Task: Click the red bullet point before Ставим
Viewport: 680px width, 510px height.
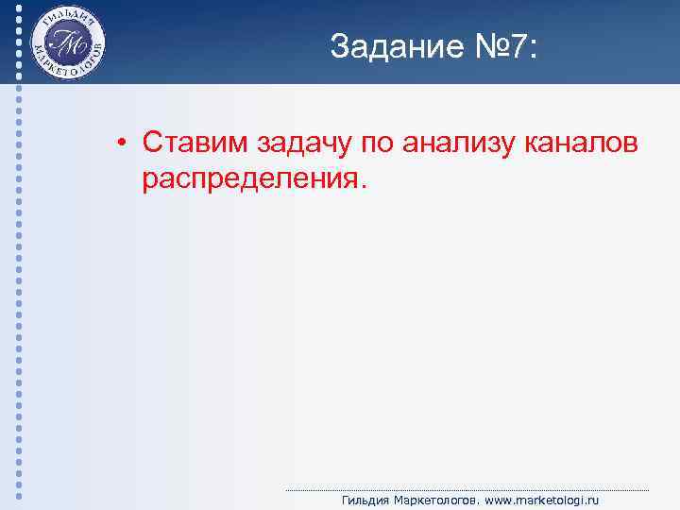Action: click(x=123, y=144)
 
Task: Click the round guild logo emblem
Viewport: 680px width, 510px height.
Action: click(x=67, y=42)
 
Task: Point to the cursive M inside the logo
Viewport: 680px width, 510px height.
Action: click(x=67, y=43)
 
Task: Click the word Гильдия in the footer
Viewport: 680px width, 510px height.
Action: click(x=365, y=501)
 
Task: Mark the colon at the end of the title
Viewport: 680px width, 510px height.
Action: click(x=535, y=50)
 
